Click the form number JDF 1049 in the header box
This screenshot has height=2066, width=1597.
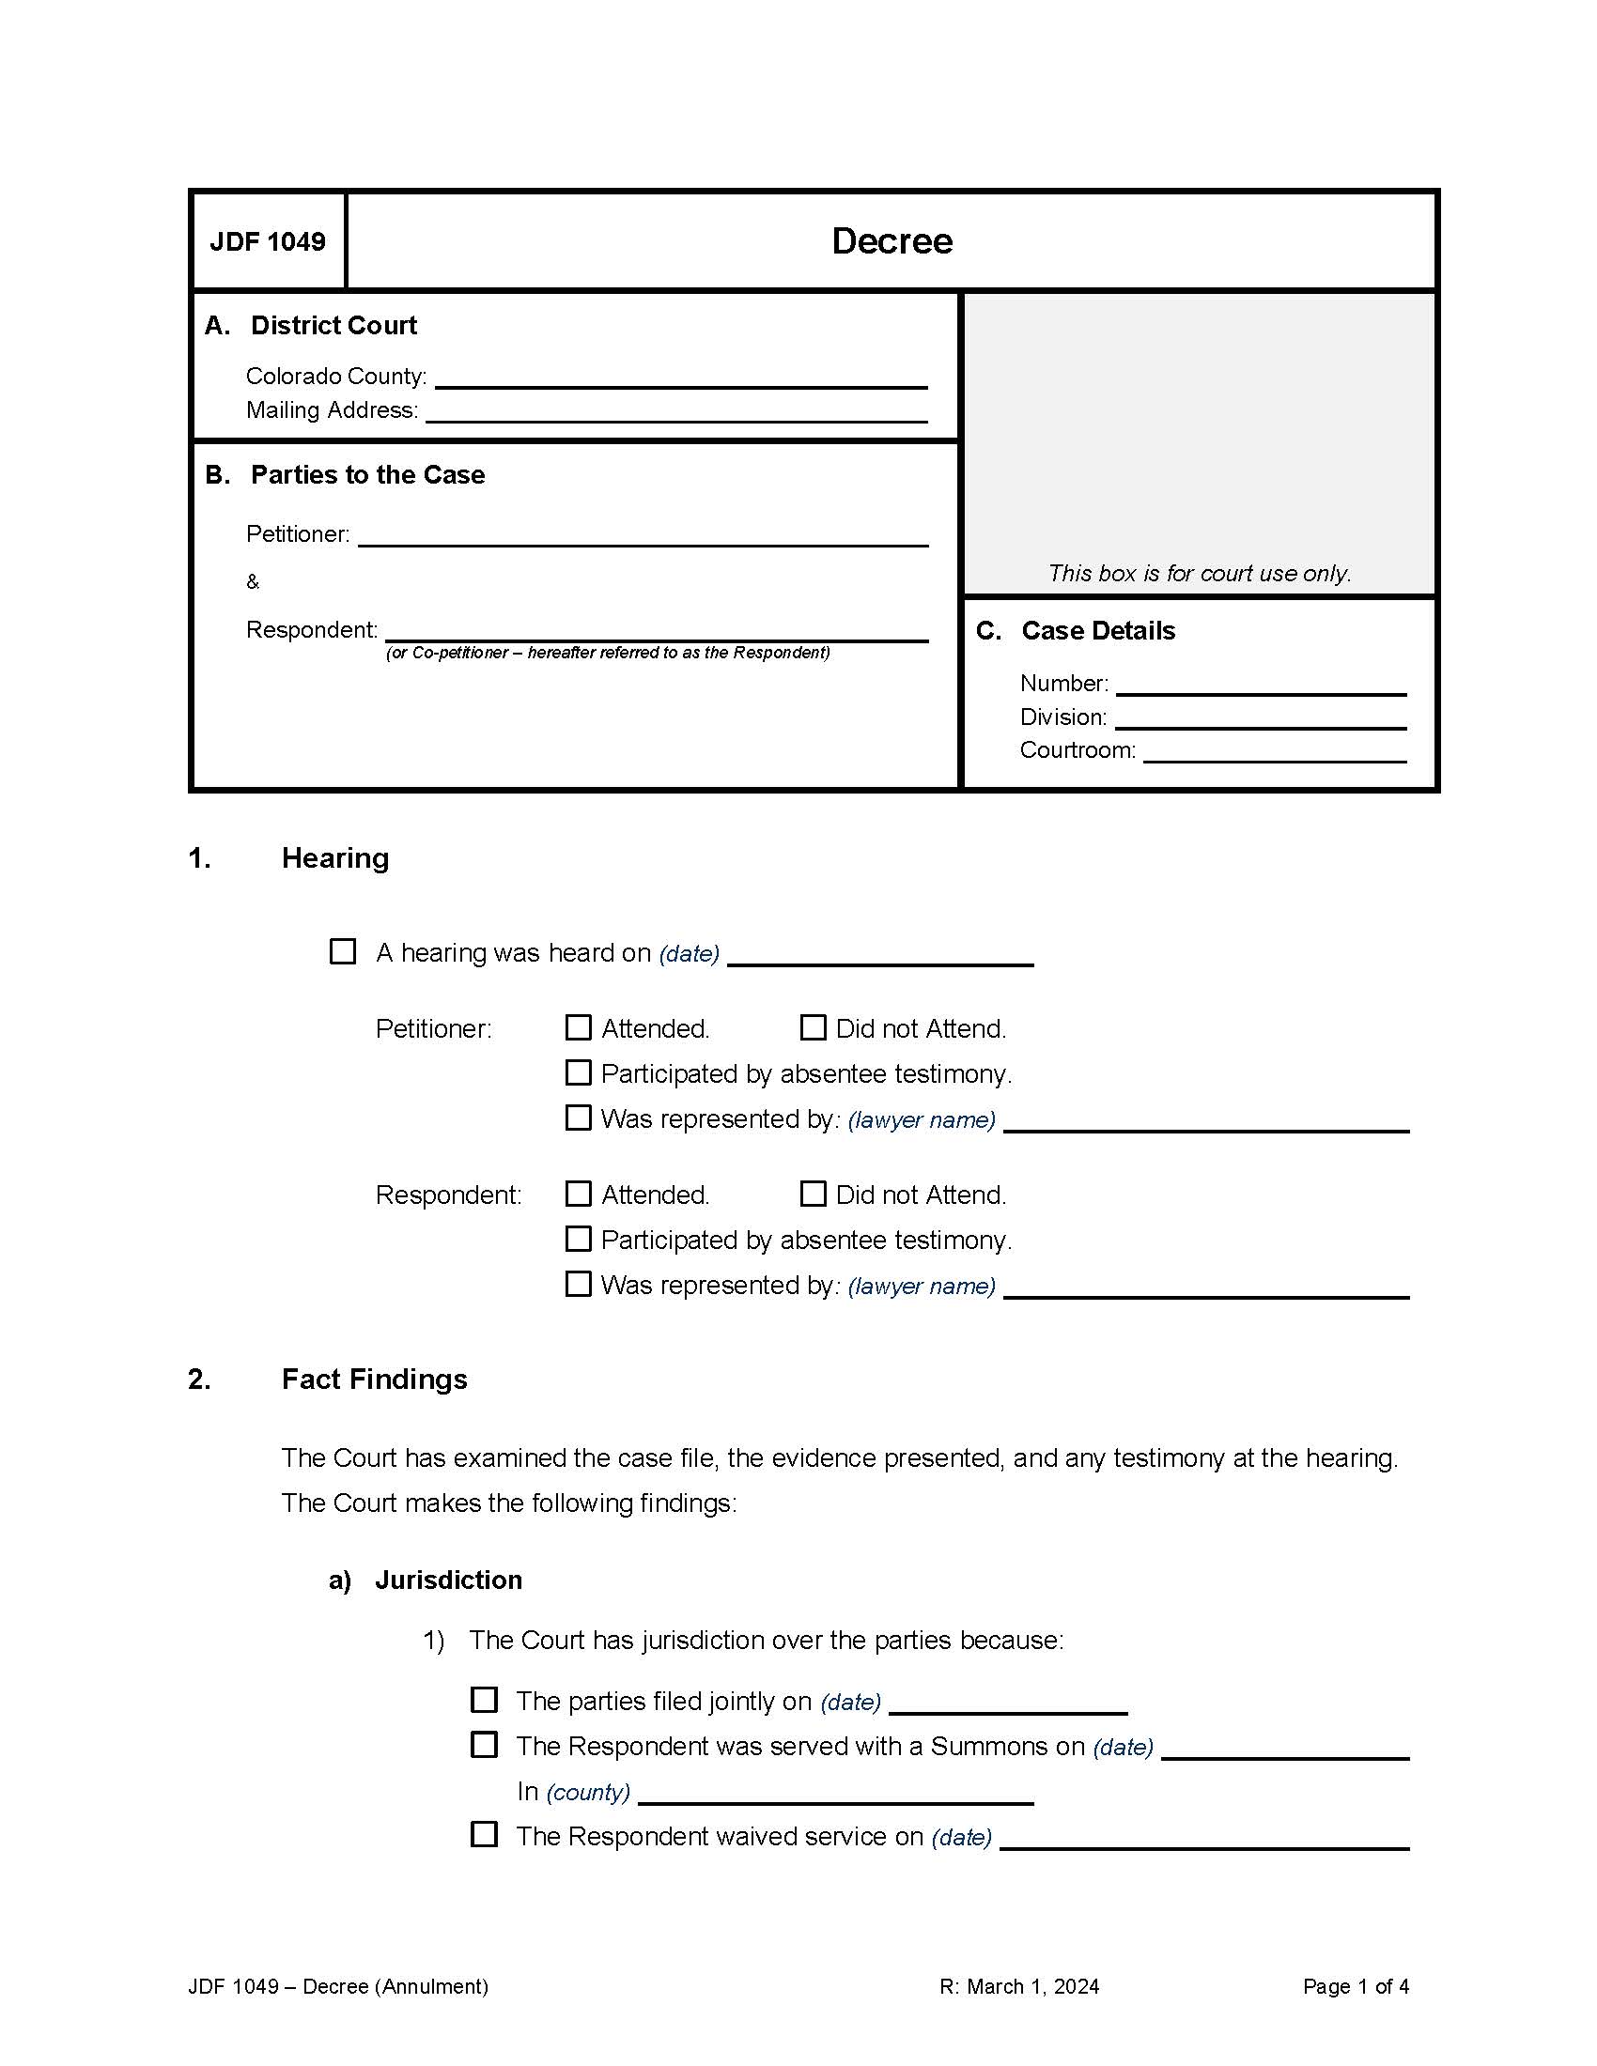click(268, 241)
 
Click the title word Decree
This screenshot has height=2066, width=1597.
click(892, 241)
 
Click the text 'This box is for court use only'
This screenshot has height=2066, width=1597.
click(1199, 573)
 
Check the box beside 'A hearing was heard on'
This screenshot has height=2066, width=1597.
click(343, 951)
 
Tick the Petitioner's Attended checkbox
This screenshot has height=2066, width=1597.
click(578, 1027)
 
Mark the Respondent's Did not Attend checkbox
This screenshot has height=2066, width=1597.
click(813, 1194)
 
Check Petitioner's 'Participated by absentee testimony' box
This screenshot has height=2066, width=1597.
click(578, 1072)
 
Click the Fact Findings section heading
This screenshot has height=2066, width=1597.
click(374, 1380)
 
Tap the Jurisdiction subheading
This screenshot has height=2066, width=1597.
click(447, 1580)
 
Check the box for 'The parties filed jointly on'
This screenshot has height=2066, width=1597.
click(485, 1700)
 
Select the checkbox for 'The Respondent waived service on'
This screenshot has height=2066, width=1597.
click(485, 1835)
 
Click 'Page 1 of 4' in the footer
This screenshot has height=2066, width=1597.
click(1355, 1986)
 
